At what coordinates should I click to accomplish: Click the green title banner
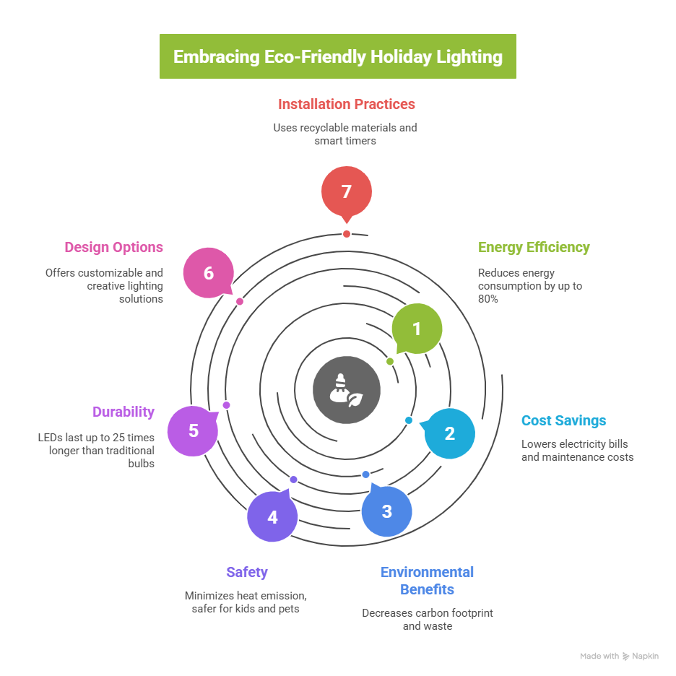(338, 56)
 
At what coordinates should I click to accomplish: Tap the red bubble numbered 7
(347, 191)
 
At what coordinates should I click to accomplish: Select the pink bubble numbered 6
(209, 274)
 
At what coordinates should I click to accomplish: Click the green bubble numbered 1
(417, 329)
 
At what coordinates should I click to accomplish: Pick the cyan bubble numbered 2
(450, 433)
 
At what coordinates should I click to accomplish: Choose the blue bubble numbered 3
(387, 511)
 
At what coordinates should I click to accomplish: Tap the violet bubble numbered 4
(272, 517)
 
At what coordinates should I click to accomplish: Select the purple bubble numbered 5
(193, 430)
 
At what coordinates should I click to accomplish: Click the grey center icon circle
(347, 390)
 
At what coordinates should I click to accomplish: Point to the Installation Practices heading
(347, 104)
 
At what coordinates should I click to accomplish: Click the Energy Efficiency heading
(534, 247)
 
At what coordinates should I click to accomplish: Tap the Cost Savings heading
(564, 420)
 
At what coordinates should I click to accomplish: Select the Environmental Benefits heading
(427, 581)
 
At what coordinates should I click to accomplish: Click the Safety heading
(247, 572)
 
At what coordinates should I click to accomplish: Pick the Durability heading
(123, 412)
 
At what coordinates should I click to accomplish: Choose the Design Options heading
(114, 247)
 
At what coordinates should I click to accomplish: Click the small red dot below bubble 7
(347, 234)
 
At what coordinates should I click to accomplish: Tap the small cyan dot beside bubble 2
(409, 420)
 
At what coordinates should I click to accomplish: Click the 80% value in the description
(487, 298)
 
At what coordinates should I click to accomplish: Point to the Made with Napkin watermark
(619, 656)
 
